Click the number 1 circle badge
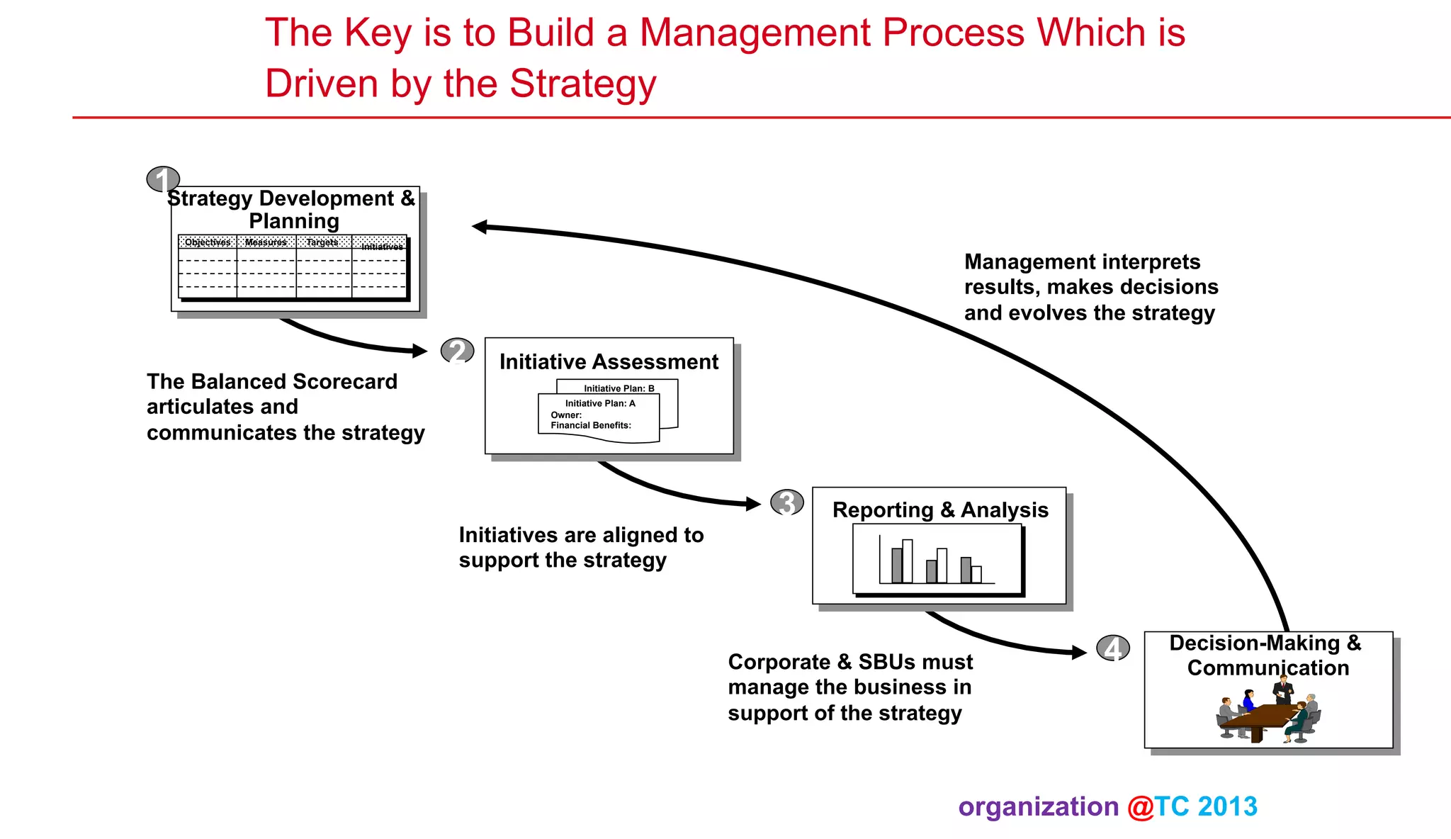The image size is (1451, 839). click(163, 179)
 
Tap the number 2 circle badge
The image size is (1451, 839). click(457, 351)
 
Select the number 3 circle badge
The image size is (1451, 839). click(786, 502)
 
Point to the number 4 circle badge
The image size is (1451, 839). click(1113, 648)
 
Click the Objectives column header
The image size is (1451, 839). click(208, 242)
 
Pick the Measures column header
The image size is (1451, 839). click(266, 242)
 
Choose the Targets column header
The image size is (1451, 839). click(322, 242)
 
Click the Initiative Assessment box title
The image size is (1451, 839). click(609, 362)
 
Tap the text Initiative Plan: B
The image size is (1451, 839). click(619, 388)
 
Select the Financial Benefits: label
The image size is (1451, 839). click(591, 425)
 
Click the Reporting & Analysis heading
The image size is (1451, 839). click(940, 510)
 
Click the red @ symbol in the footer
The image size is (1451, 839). click(1141, 807)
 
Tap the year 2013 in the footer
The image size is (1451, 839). click(1228, 807)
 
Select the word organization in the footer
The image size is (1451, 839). click(1038, 807)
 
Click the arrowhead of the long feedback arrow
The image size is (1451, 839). click(480, 227)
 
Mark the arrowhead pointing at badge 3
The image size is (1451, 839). click(753, 504)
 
